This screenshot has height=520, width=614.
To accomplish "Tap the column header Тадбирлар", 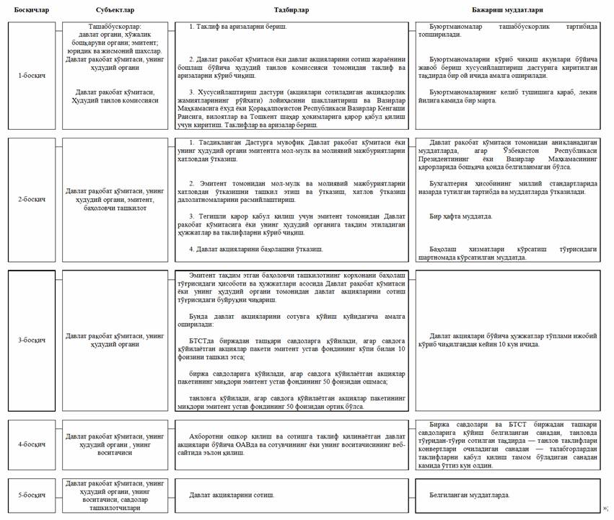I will pos(291,9).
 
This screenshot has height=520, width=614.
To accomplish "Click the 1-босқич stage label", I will pos(30,75).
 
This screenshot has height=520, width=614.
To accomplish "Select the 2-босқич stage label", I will pos(30,199).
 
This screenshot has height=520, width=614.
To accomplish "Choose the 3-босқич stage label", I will pos(30,340).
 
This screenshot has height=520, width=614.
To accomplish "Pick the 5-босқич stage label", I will pos(30,495).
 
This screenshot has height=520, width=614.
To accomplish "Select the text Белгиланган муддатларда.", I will pos(470,495).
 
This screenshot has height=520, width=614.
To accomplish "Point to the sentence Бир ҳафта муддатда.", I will pos(461,216).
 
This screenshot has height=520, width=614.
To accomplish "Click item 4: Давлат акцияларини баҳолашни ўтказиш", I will pos(250,249).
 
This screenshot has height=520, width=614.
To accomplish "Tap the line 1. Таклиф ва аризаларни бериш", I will pos(238,26).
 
